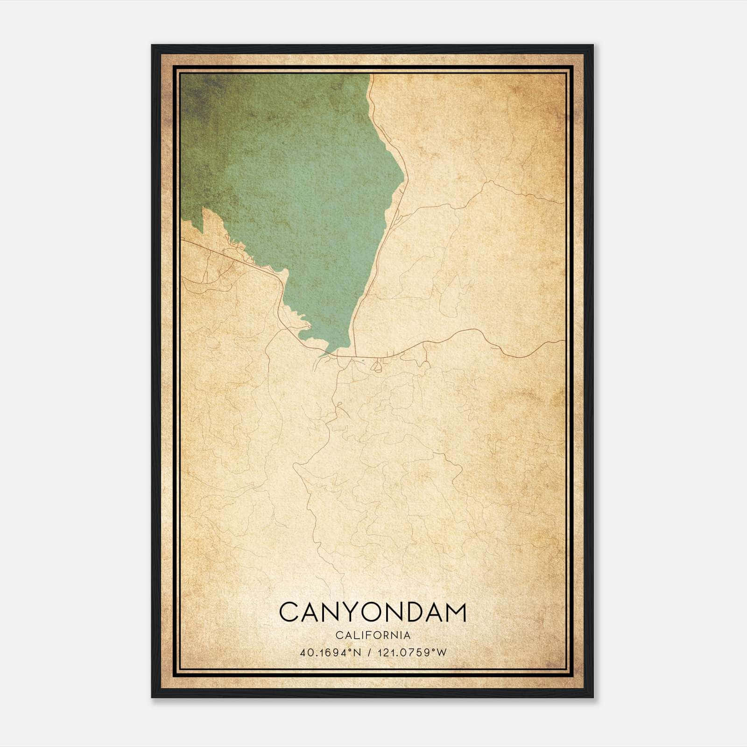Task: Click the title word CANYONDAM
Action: pyautogui.click(x=373, y=612)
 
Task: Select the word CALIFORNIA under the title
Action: pyautogui.click(x=373, y=635)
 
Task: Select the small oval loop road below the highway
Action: pyautogui.click(x=375, y=367)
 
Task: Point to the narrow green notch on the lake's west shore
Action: pyautogui.click(x=204, y=219)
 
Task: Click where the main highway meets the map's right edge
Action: pyautogui.click(x=564, y=341)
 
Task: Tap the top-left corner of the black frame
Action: pyautogui.click(x=153, y=46)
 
